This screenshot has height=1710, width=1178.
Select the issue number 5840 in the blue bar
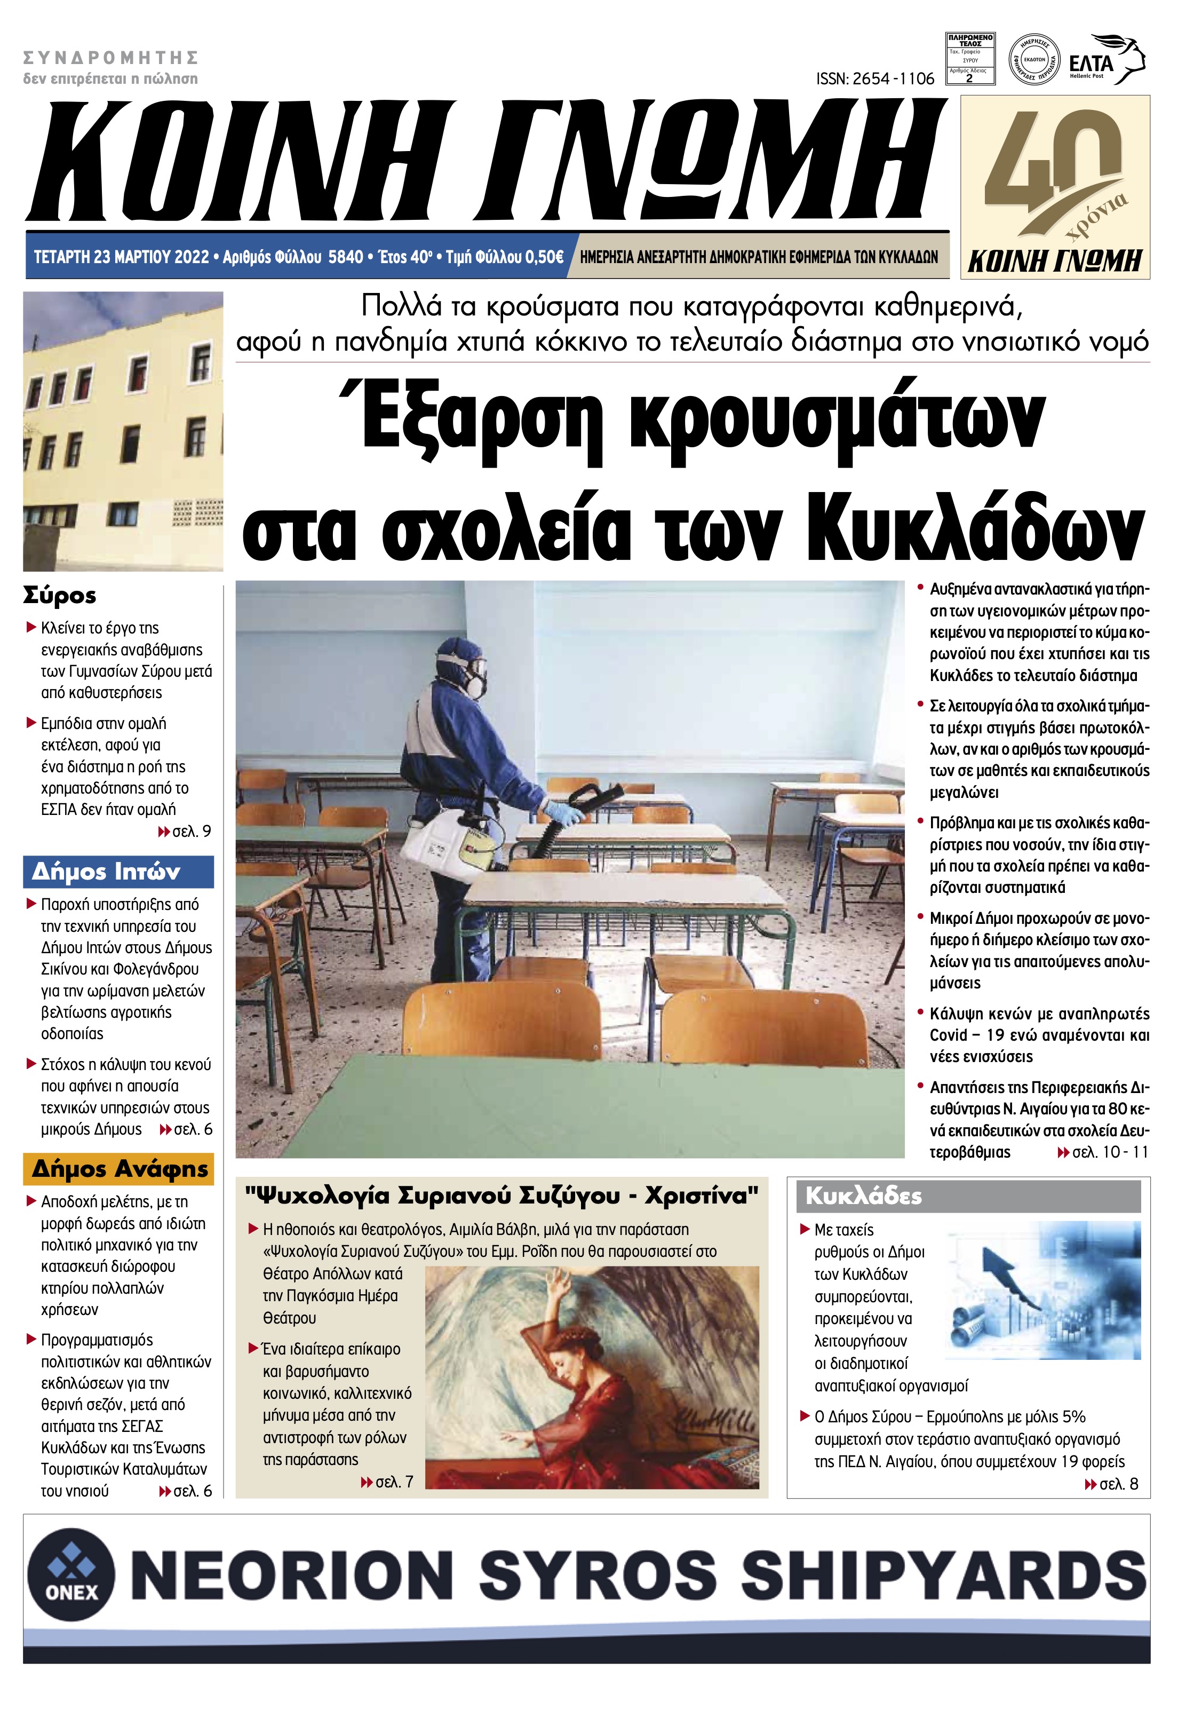coord(345,257)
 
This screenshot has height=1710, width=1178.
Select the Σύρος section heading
coord(60,595)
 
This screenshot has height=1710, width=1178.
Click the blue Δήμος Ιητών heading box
coord(118,872)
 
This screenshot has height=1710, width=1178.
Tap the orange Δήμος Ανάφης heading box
coord(118,1169)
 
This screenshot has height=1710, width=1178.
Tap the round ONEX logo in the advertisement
coord(71,1573)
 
